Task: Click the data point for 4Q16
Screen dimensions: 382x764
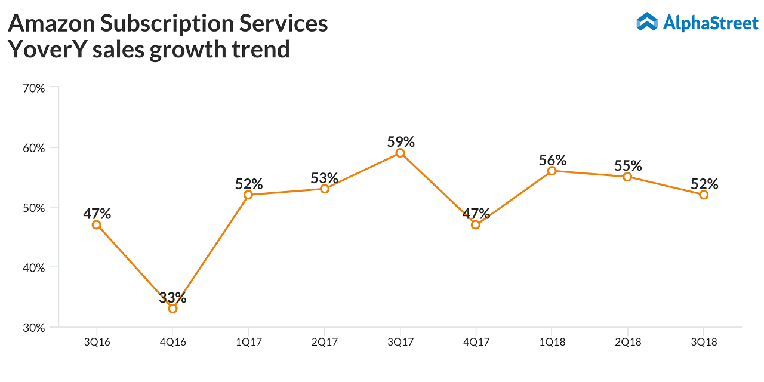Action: [172, 309]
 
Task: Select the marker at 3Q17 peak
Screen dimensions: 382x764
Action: [400, 153]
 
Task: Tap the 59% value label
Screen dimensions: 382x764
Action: [401, 142]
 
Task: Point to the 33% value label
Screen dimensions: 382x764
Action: [173, 297]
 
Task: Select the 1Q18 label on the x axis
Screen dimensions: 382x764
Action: [552, 343]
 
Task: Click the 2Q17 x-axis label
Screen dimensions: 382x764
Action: [324, 343]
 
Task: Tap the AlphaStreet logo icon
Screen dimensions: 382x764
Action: [646, 22]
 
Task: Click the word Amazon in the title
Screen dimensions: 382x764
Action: [50, 24]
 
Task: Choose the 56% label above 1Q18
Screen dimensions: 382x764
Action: [552, 160]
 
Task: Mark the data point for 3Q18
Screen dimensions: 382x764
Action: [704, 195]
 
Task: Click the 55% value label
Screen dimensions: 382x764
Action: [628, 166]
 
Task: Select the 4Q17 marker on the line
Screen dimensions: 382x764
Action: [476, 224]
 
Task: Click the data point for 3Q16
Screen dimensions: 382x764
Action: [97, 224]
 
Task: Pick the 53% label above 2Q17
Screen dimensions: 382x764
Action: [325, 178]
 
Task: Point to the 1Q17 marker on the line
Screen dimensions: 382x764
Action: [248, 195]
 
